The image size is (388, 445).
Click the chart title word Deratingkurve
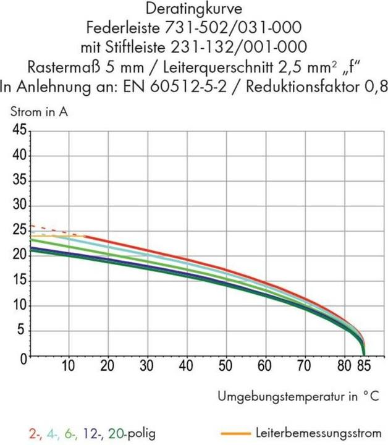(x=193, y=9)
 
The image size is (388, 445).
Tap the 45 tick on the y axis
(x=19, y=130)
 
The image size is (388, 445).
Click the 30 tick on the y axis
(x=19, y=206)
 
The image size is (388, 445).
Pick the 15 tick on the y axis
(x=19, y=281)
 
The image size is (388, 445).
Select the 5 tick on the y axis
(x=22, y=331)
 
